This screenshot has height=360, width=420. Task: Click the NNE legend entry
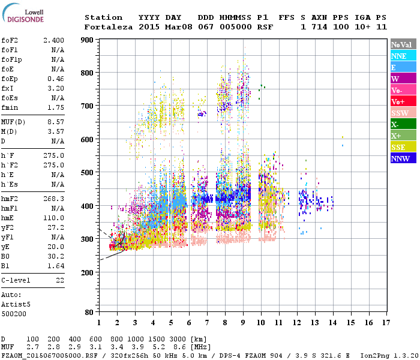[403, 56]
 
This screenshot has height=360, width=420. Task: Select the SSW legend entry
[403, 113]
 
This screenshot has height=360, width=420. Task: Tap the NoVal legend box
[403, 44]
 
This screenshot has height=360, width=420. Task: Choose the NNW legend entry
[403, 158]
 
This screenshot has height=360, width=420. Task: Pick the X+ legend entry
[403, 136]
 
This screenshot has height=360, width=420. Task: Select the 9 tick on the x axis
[243, 323]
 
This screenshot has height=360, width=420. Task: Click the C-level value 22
[60, 280]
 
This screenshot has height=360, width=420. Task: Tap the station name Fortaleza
[109, 27]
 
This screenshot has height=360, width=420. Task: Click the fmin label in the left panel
[10, 107]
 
